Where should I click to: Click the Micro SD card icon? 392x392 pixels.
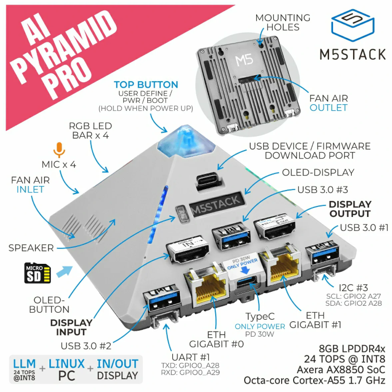38,273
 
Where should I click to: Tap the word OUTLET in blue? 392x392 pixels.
328,108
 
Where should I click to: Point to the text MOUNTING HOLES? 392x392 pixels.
283,22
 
